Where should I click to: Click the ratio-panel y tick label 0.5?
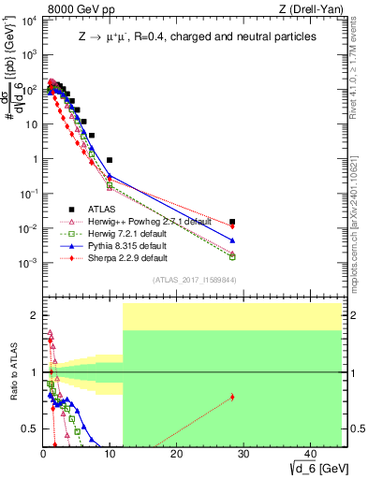click(27, 429)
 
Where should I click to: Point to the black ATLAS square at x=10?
click(110, 160)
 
